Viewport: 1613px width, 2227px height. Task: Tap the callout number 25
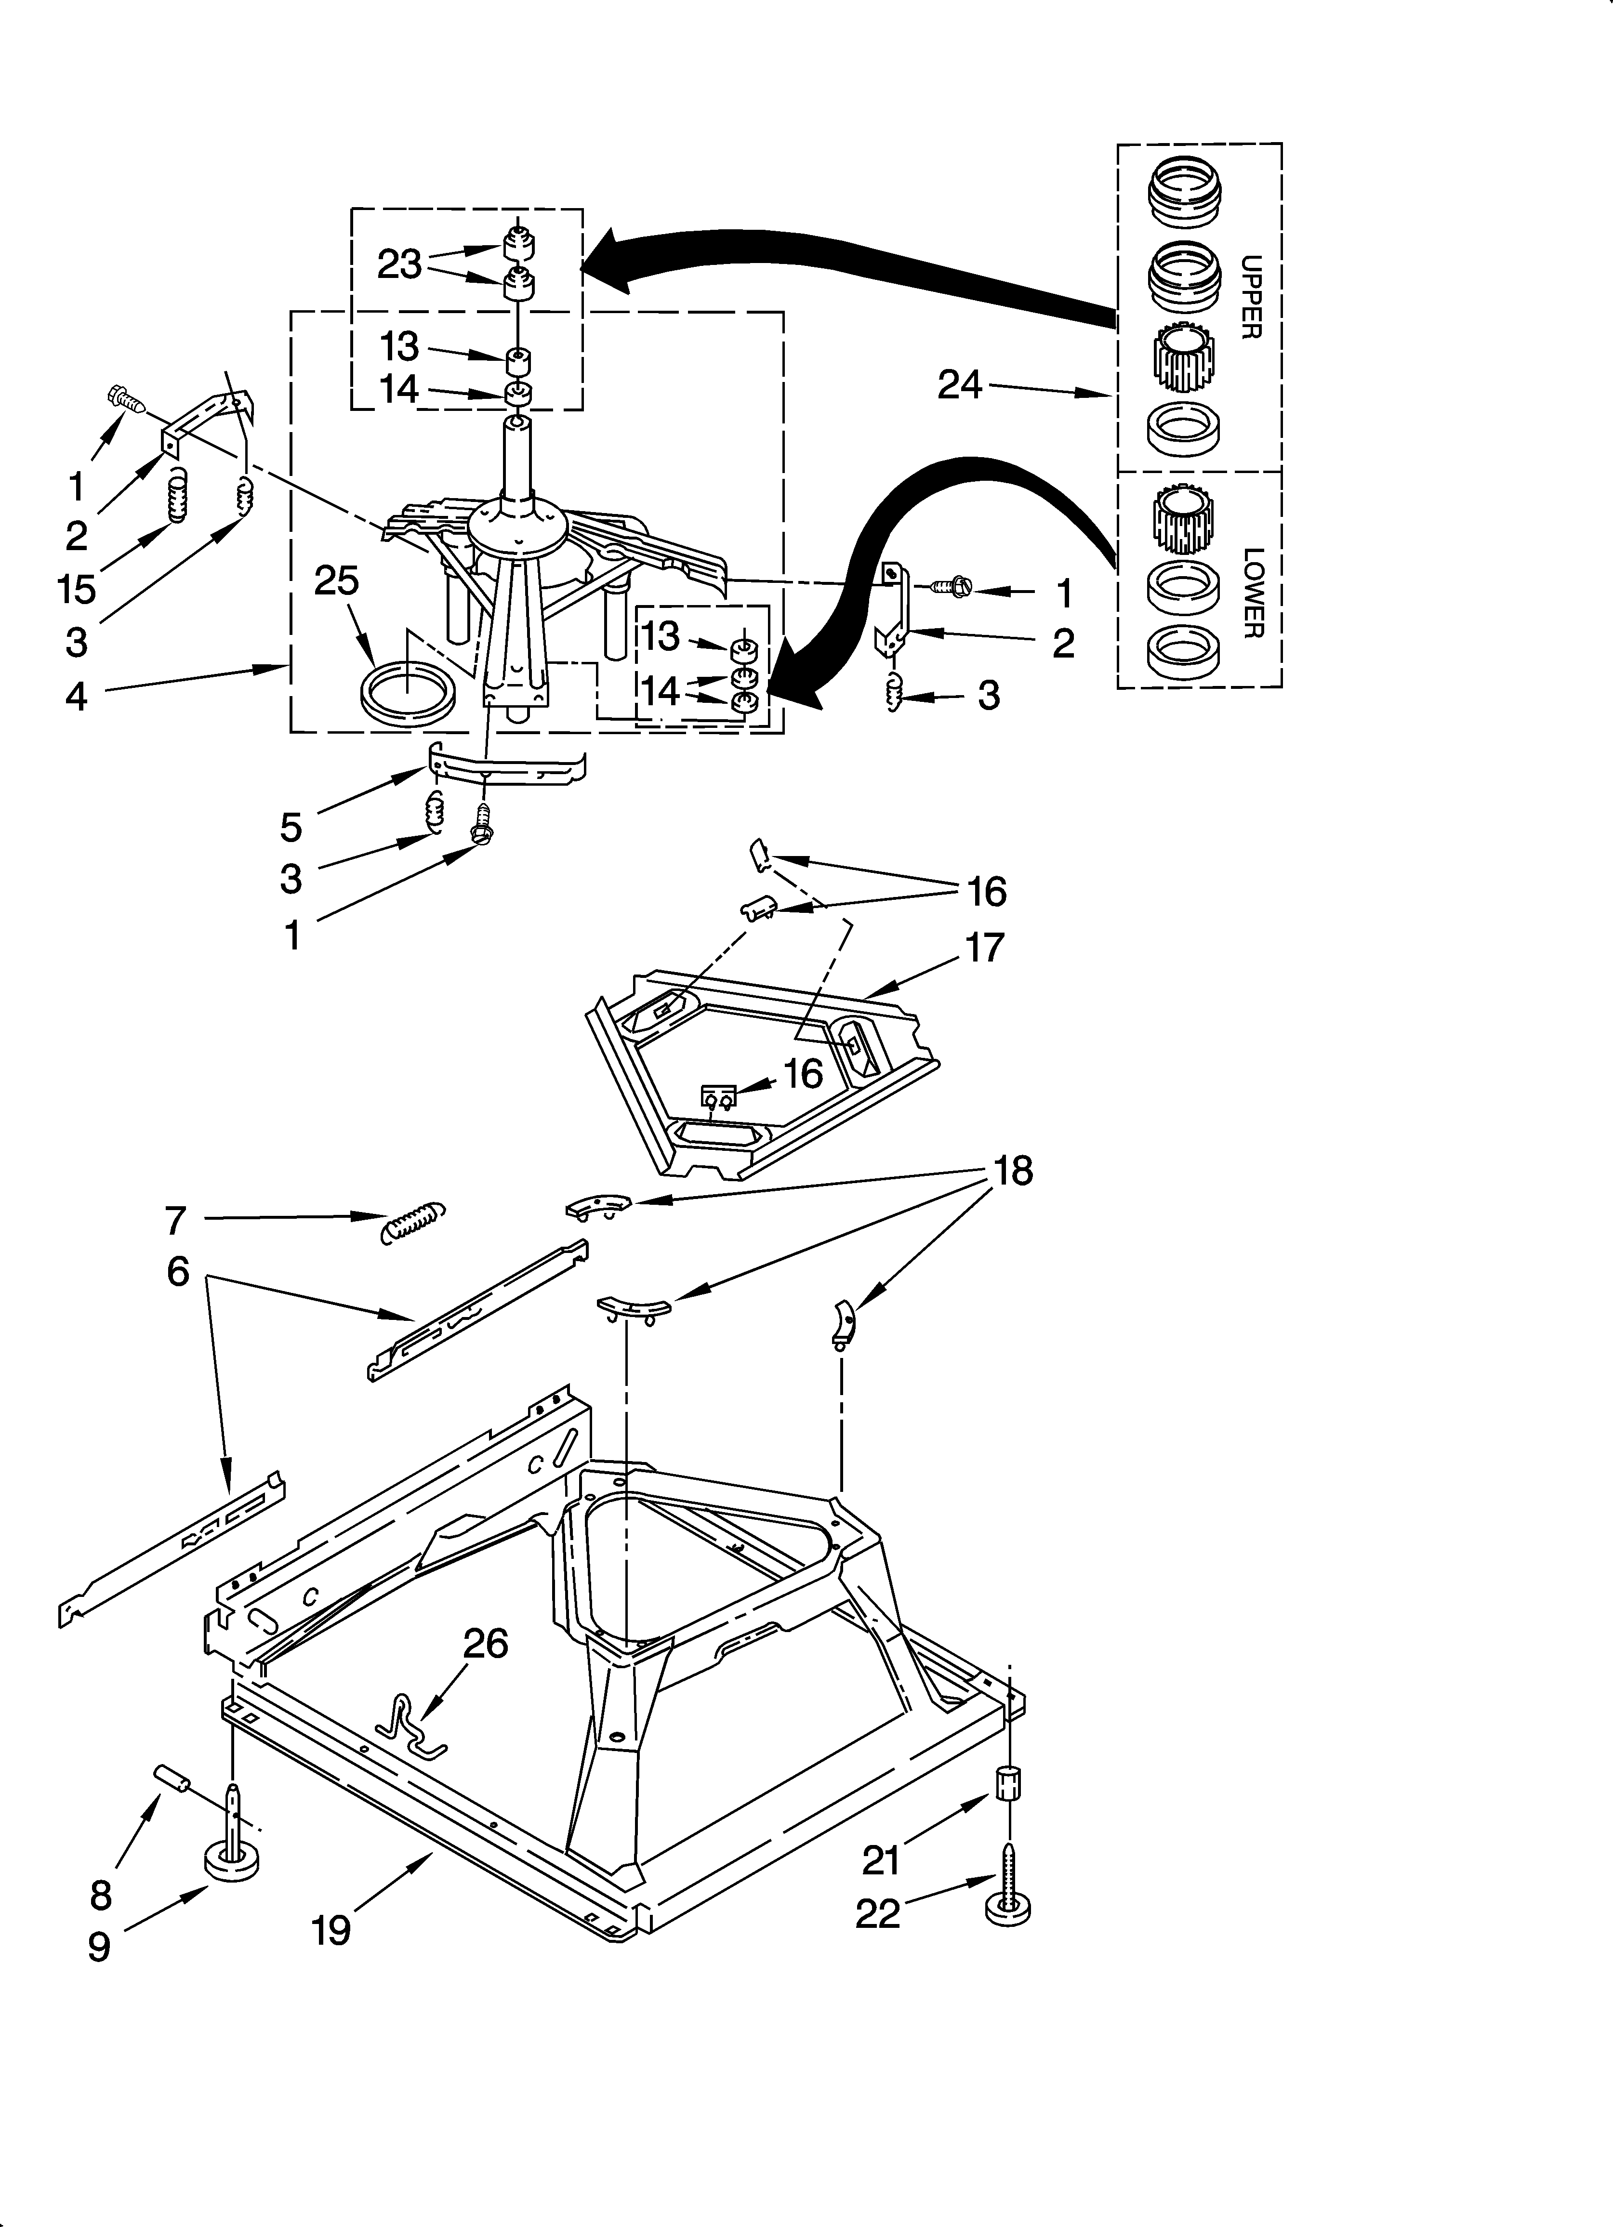(336, 581)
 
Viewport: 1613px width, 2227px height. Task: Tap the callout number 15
(77, 589)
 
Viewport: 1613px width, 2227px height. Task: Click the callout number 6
(178, 1272)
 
